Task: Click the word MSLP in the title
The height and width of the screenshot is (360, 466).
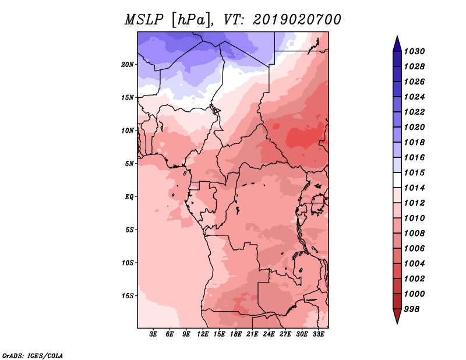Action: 144,20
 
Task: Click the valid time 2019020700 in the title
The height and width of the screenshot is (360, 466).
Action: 297,20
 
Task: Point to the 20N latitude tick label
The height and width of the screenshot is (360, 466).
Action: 128,65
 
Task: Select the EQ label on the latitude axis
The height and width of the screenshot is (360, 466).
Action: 129,197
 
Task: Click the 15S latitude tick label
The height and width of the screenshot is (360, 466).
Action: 128,296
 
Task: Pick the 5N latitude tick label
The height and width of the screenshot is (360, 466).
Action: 129,164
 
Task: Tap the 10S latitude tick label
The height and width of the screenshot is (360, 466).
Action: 128,263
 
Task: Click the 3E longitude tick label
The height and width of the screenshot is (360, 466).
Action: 153,334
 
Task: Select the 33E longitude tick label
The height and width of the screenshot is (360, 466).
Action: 318,334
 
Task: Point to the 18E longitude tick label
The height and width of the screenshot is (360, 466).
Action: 236,334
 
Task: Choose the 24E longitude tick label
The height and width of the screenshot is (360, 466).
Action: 269,334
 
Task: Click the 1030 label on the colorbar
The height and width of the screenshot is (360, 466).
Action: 414,51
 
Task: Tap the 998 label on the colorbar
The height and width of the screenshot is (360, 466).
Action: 412,309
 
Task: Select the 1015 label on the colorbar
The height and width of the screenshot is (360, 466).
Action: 414,172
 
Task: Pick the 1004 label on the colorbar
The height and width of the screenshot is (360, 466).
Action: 414,264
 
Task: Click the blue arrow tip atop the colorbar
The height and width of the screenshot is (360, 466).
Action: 397,36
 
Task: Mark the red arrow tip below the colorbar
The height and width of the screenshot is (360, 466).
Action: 397,323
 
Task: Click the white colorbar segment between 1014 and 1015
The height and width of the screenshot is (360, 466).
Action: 397,180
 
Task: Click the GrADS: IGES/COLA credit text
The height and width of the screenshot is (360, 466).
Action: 33,356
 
